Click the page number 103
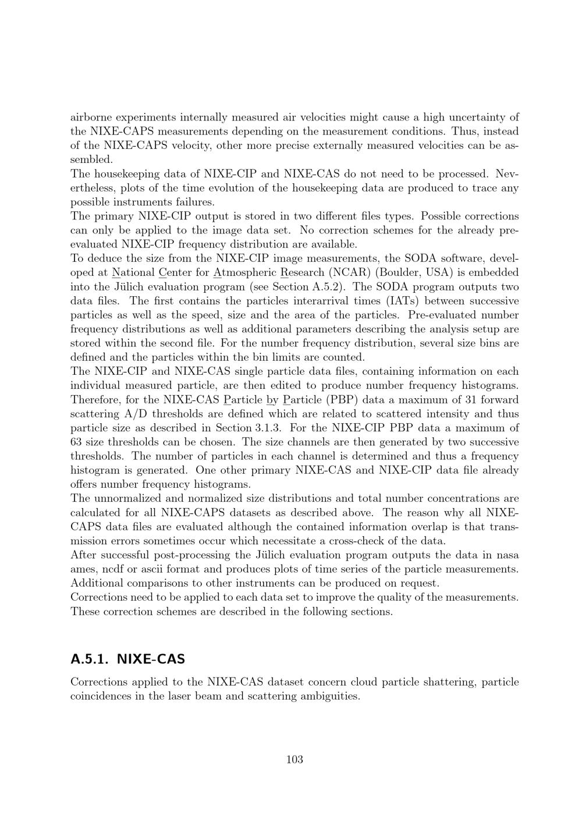(294, 759)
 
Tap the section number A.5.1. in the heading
(90, 659)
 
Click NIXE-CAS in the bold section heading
(151, 659)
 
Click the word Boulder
(398, 272)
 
